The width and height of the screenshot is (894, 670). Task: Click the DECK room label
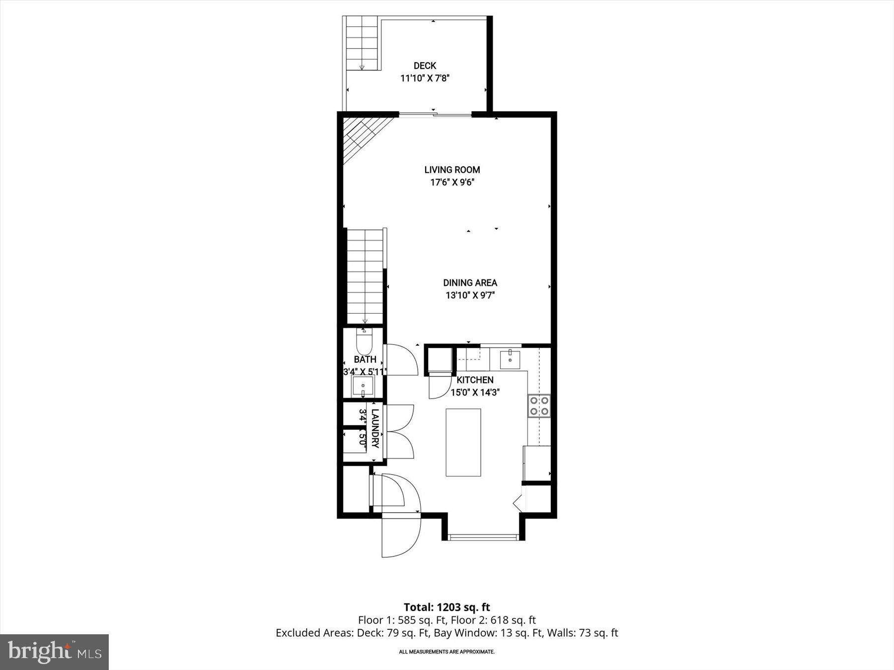(425, 66)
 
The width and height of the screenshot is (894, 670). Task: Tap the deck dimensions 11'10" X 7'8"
(425, 78)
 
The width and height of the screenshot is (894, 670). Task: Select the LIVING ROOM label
(452, 170)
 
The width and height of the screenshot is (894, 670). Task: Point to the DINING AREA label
(470, 283)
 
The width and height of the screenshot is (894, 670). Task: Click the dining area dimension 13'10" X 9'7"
(470, 296)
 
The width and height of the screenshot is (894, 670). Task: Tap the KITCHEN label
(475, 380)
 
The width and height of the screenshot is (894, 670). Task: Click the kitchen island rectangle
(463, 442)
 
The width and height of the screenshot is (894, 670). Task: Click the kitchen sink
(510, 359)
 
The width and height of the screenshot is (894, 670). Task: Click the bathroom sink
(363, 386)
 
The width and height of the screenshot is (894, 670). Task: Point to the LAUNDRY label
(375, 428)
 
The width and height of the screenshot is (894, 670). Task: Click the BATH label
(365, 359)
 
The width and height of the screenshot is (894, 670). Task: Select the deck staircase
(362, 43)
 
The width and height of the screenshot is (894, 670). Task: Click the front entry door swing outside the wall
(400, 537)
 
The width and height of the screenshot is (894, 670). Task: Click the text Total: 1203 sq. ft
(447, 607)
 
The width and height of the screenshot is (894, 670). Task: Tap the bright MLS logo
(54, 652)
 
